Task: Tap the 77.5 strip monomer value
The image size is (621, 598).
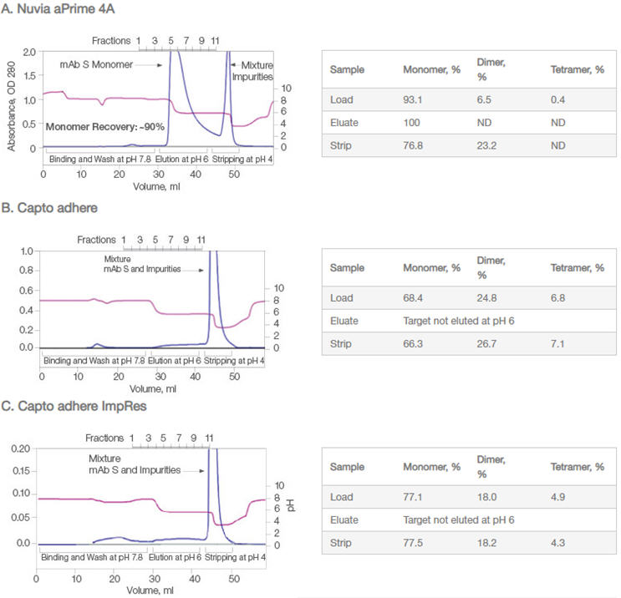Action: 415,542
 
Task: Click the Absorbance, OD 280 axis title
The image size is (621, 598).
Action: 12,100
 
